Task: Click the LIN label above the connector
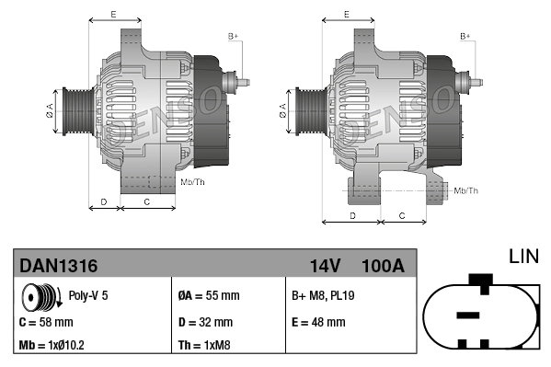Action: click(524, 257)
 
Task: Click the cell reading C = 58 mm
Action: click(46, 322)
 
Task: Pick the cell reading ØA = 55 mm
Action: click(209, 296)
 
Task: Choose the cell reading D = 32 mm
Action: click(204, 322)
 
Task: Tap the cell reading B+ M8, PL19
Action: click(325, 296)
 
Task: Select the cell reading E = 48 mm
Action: click(318, 322)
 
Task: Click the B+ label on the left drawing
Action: click(234, 36)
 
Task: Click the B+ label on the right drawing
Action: click(465, 36)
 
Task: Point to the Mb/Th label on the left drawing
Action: click(193, 182)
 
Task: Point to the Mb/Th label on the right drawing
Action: click(466, 190)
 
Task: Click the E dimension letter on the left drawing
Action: click(113, 15)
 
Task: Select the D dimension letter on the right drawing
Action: click(353, 214)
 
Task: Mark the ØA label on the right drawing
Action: click(282, 110)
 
